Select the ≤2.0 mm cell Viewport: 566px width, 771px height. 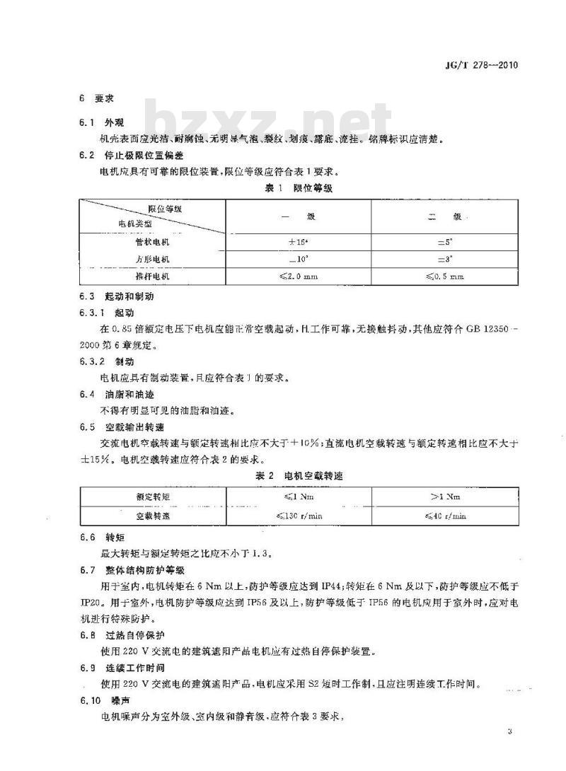[x=299, y=277]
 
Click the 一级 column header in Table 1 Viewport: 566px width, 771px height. [x=299, y=216]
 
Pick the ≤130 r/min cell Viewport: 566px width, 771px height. [x=299, y=516]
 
